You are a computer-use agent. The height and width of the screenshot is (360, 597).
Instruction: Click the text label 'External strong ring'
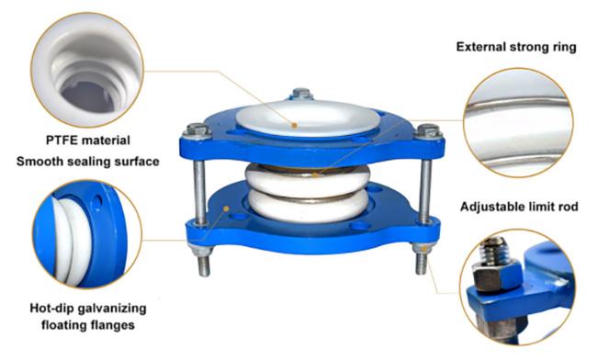point(516,47)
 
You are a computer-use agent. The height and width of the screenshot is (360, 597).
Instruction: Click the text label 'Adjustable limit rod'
point(519,207)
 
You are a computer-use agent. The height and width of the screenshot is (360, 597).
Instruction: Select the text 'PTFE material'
point(88,140)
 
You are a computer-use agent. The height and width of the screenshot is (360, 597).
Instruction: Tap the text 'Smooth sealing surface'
point(88,162)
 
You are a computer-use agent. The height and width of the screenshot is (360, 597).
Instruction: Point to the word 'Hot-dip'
point(51,308)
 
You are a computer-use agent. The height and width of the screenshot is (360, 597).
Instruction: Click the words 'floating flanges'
point(88,325)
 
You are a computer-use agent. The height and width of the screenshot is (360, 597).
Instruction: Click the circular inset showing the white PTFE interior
point(87,69)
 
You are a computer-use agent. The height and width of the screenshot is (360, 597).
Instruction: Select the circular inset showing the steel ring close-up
point(518,122)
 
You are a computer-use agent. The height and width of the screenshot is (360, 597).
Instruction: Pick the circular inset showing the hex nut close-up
point(518,287)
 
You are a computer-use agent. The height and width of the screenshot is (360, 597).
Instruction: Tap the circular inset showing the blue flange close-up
point(87,234)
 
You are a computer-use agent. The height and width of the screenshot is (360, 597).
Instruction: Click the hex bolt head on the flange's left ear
point(197,130)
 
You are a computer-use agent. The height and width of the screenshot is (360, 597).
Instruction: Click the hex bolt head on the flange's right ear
point(428,131)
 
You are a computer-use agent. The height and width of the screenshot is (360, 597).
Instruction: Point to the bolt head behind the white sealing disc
point(302,94)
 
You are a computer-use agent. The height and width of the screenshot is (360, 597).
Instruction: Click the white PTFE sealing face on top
point(308,118)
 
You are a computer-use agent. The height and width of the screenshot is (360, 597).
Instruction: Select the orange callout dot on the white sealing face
point(294,125)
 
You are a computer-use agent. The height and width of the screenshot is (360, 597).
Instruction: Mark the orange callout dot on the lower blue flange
point(226,208)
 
